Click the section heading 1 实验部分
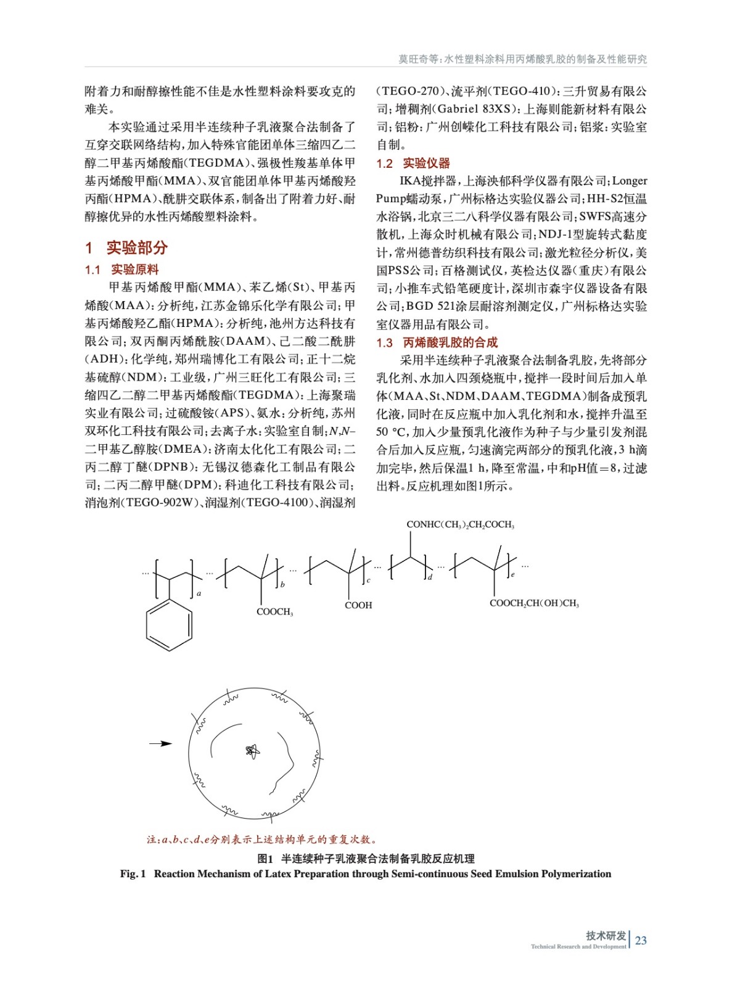point(126,248)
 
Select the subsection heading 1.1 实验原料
point(121,270)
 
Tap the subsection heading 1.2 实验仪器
point(413,163)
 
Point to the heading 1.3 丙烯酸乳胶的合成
point(437,342)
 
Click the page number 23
point(641,940)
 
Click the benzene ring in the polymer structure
point(169,626)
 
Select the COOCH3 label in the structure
point(274,612)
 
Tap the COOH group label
point(358,605)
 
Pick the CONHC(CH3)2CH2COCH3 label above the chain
point(460,524)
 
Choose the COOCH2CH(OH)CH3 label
point(534,603)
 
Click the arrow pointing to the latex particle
point(161,743)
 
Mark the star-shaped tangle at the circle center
point(252,751)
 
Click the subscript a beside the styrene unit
point(199,593)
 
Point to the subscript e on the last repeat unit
point(512,575)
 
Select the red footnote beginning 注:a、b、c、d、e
point(261,839)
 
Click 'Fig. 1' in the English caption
point(133,873)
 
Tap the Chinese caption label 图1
point(265,859)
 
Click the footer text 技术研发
point(606,935)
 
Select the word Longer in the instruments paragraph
point(630,181)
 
